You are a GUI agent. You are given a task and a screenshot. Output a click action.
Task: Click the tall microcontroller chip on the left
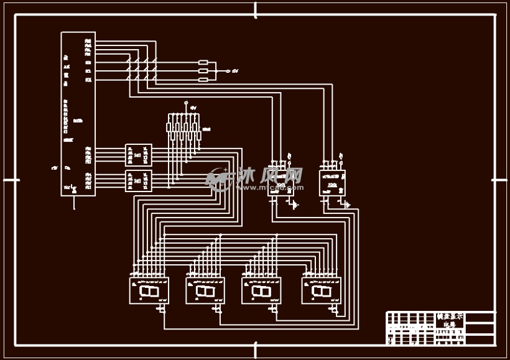tap(78, 114)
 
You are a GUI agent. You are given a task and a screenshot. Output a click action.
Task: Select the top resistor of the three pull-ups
tap(203, 63)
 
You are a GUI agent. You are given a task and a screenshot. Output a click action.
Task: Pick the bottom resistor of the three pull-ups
tap(203, 80)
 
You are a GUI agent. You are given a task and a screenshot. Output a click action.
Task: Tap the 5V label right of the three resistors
tap(235, 71)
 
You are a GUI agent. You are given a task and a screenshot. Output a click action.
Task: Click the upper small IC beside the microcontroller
tap(138, 155)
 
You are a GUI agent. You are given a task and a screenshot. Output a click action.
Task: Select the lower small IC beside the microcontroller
tap(138, 180)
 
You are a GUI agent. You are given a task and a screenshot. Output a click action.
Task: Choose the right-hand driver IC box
tap(332, 182)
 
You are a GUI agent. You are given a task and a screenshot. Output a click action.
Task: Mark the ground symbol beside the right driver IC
tap(347, 204)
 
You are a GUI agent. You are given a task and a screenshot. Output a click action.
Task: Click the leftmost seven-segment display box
tap(149, 290)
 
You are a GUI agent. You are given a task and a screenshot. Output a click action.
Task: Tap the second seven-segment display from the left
tap(205, 290)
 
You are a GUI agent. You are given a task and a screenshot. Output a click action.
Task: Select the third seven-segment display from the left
tap(261, 290)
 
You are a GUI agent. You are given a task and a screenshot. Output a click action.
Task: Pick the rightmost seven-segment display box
tap(321, 290)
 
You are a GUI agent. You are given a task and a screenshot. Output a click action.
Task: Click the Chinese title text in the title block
tap(450, 320)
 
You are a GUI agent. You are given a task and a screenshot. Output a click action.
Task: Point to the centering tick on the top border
tap(256, 11)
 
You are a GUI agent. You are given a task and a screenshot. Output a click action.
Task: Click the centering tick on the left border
tap(11, 180)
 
